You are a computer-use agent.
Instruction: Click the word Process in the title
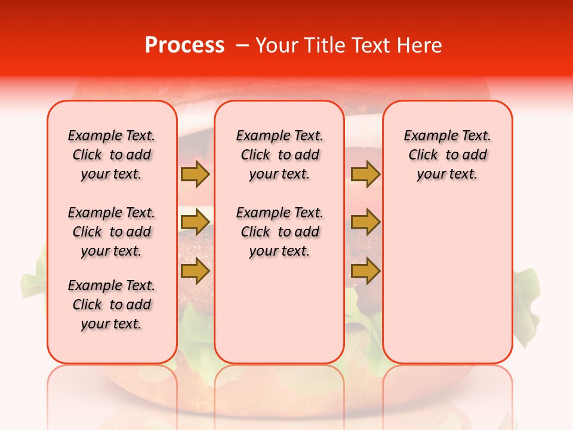point(184,45)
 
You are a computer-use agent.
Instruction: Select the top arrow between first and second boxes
point(195,174)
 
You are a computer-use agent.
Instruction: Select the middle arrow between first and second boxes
point(195,223)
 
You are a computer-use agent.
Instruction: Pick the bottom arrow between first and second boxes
point(195,271)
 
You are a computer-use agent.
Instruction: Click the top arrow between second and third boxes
point(365,174)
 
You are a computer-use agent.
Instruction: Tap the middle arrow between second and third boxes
point(365,223)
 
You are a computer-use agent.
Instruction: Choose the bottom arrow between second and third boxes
point(365,271)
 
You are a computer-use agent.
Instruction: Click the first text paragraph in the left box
point(112,155)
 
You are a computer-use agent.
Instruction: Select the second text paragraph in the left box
point(112,232)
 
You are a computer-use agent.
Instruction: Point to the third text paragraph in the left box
point(112,305)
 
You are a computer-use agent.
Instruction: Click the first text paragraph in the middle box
point(279,155)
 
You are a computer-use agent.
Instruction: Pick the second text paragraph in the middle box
point(279,232)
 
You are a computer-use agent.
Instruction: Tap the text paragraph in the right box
point(448,155)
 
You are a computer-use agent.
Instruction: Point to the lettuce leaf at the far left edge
point(33,281)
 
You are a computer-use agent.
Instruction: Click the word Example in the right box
point(426,136)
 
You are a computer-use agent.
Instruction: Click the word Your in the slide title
point(276,45)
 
